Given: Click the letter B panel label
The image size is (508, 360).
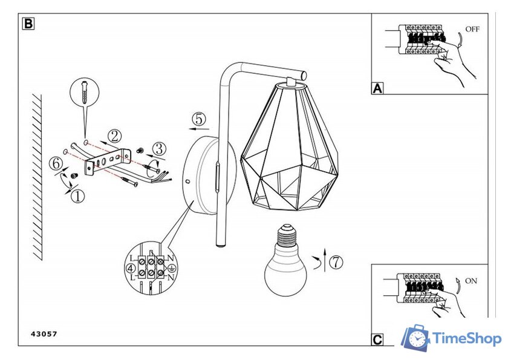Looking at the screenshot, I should (28, 24).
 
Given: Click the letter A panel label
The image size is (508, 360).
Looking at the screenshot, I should (377, 88).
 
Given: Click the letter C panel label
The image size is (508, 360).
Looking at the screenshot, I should (377, 340).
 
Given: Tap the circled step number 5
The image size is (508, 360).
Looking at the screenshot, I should (200, 118).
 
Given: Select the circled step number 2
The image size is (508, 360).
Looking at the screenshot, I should (114, 136).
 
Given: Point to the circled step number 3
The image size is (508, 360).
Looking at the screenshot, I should (158, 148).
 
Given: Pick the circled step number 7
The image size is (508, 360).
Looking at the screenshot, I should (336, 262).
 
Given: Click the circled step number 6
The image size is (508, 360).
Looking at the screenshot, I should (55, 163).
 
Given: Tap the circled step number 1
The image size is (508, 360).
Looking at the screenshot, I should (77, 195).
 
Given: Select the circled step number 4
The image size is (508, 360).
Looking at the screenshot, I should (130, 267).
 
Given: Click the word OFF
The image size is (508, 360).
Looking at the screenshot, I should (472, 29).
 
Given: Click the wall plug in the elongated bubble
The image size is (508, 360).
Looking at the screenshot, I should (84, 94).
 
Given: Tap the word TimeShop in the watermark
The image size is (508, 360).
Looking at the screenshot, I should (467, 339).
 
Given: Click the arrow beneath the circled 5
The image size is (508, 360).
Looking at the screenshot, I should (198, 129).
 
